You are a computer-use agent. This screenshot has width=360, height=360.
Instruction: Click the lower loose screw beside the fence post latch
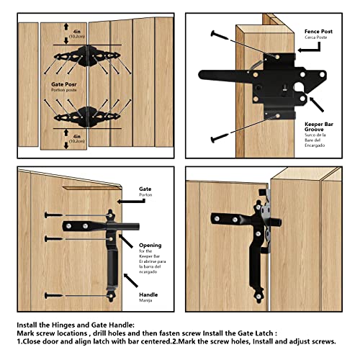(x=219, y=136)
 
